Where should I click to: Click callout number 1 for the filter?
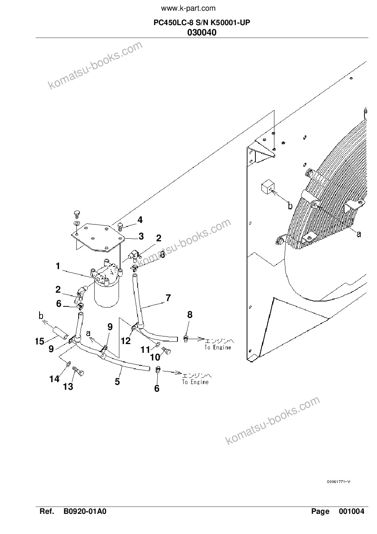coord(58,266)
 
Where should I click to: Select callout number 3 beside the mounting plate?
coord(141,236)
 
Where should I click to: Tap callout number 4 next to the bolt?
coord(140,220)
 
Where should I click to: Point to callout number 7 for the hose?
coord(168,298)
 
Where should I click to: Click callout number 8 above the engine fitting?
coord(190,315)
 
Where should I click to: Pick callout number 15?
coord(40,341)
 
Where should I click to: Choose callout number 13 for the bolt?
coord(68,386)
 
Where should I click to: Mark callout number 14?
coord(54,379)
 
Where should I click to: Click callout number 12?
coord(126,341)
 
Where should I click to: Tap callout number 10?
coord(155,357)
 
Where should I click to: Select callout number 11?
coord(145,350)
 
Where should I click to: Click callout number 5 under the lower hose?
coord(117,382)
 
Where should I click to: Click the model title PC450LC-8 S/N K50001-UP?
coord(202,23)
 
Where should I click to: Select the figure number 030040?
coord(202,32)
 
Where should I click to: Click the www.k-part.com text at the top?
coord(188,9)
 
